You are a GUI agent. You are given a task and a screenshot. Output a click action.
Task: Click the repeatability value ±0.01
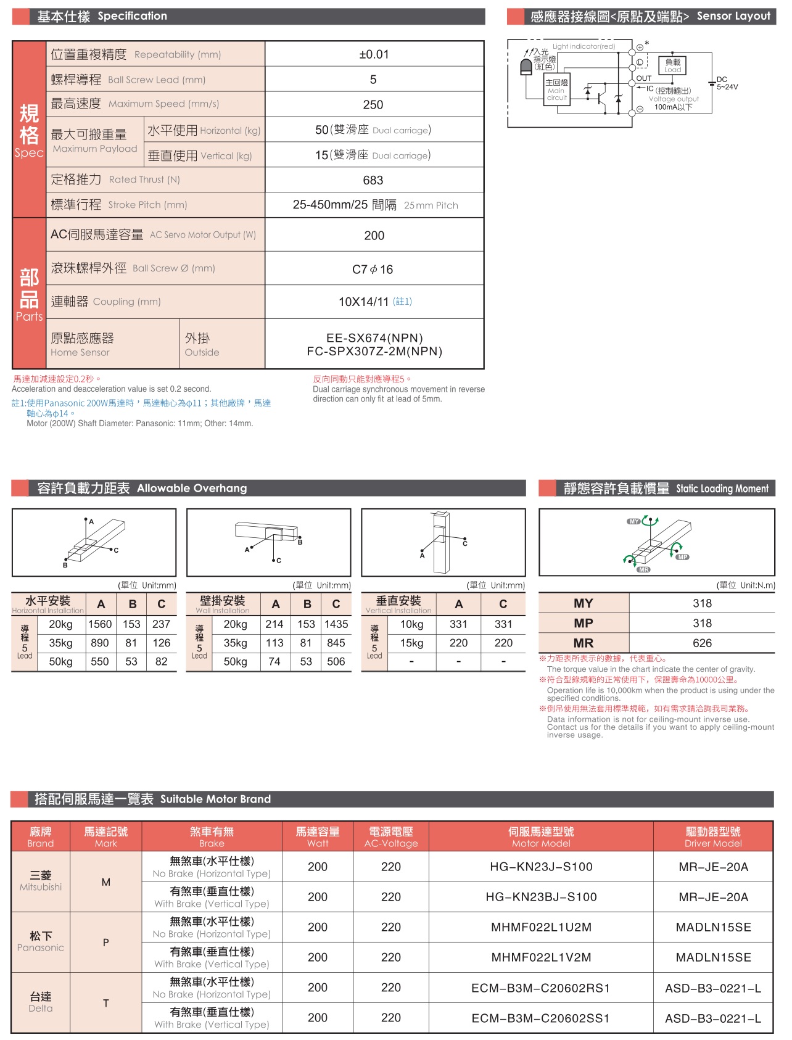[374, 54]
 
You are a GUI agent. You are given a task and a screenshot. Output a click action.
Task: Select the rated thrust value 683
[373, 180]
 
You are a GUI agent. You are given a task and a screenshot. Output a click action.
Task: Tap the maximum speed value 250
[373, 105]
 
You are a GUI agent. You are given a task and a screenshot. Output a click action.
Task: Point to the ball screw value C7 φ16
[373, 270]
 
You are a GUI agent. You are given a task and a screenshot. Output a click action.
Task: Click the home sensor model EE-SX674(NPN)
[374, 338]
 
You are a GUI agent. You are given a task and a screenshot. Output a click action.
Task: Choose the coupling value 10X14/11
[364, 302]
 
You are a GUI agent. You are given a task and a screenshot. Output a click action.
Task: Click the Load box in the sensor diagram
[672, 65]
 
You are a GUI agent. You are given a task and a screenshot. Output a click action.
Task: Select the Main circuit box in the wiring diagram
[556, 90]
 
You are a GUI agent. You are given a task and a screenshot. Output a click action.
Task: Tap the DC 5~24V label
[727, 83]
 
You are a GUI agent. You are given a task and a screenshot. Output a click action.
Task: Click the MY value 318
[702, 603]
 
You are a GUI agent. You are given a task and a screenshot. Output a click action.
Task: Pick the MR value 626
[702, 643]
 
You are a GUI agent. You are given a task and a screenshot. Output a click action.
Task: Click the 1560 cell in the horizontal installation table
[100, 624]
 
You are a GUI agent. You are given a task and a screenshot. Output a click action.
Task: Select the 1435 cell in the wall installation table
[336, 624]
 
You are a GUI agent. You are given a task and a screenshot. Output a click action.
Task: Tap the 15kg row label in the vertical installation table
[411, 643]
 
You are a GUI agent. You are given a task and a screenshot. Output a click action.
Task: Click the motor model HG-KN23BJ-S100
[541, 897]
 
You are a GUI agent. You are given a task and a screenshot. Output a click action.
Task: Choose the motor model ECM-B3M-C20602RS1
[541, 988]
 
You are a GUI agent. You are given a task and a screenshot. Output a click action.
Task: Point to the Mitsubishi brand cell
[41, 881]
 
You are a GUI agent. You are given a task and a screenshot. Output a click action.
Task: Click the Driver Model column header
[713, 837]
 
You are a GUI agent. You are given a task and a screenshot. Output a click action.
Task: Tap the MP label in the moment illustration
[682, 557]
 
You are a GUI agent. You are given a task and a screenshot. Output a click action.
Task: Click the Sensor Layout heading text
[733, 16]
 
